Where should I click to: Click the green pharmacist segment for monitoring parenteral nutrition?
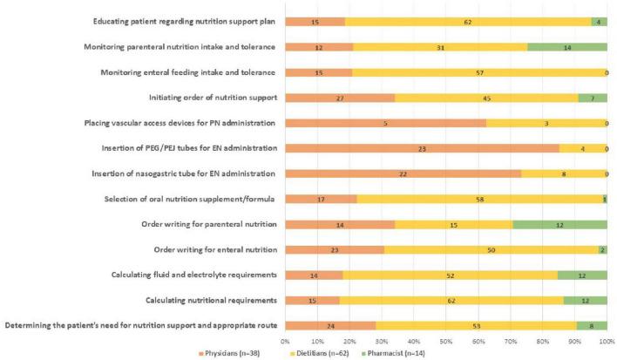(x=567, y=46)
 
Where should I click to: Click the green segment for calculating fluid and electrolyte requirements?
(x=582, y=275)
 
